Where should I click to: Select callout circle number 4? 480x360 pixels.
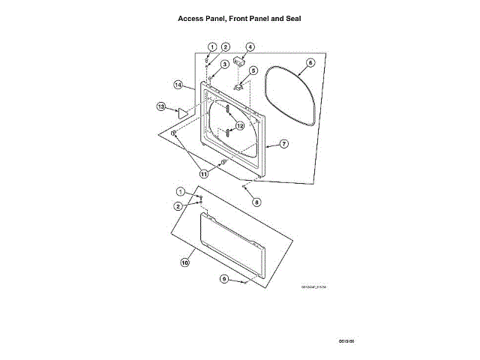(x=250, y=46)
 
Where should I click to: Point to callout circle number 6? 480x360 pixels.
(x=310, y=64)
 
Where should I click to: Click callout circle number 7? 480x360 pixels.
(x=284, y=143)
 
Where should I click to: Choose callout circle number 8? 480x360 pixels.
(x=256, y=202)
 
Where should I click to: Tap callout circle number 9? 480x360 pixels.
(x=223, y=279)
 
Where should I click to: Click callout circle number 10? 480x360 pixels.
(x=184, y=262)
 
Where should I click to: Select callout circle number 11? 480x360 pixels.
(x=203, y=173)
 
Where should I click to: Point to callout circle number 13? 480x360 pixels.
(x=160, y=107)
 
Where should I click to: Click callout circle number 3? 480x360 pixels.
(x=224, y=64)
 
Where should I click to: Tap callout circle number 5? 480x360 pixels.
(x=253, y=70)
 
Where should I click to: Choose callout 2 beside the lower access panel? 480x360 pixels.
(x=178, y=205)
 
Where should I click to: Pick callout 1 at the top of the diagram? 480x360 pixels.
(x=212, y=46)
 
